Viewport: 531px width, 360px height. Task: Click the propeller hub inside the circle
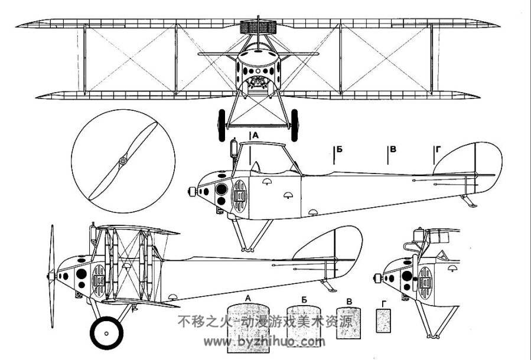pos(123,161)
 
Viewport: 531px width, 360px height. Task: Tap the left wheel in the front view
pos(221,125)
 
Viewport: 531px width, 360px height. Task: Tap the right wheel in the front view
pos(295,125)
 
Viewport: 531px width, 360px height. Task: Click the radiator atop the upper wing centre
pos(258,27)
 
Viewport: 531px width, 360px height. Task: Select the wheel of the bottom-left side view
pos(106,333)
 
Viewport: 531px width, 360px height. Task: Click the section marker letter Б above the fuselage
pos(340,149)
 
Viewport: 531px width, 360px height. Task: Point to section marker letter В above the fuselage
pos(393,149)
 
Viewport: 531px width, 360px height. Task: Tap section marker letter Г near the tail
pos(438,149)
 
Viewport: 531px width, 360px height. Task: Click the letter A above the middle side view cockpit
pos(255,135)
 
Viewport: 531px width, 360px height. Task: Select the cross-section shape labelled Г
pos(384,320)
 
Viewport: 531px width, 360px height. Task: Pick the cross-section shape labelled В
pos(348,323)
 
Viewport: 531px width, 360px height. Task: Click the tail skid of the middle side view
pos(469,201)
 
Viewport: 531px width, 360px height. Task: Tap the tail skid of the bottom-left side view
pos(328,285)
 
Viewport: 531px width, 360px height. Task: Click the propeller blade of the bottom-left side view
pos(52,276)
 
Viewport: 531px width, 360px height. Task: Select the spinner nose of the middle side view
pos(192,192)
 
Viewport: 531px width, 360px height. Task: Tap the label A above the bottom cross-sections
pos(248,299)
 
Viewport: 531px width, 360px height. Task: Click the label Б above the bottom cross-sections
pos(304,299)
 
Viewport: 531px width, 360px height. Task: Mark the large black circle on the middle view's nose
pos(221,189)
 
